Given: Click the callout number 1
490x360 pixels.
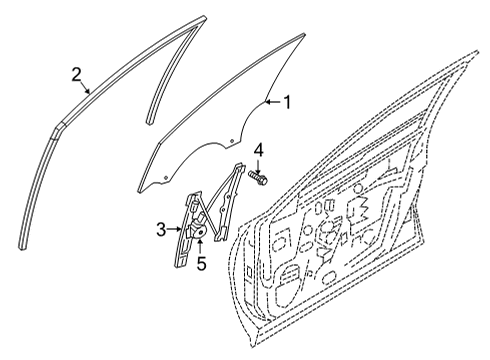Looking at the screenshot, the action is (287, 102).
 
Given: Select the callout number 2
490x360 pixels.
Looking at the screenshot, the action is (77, 74).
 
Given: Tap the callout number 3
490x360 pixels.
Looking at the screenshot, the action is (161, 230).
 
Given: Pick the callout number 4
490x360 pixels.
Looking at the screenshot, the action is (258, 151).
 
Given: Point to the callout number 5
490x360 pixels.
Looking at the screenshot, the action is (201, 263).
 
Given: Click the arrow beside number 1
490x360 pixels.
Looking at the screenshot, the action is (273, 102).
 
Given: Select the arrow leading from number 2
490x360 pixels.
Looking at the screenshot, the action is (85, 88).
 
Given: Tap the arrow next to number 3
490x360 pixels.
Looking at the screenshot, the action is (174, 229).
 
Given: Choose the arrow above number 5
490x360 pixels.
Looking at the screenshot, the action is (200, 247).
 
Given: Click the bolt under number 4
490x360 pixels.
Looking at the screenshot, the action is (258, 178).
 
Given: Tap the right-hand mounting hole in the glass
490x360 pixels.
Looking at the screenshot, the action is (232, 141).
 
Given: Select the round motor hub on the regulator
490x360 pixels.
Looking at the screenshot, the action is (200, 232).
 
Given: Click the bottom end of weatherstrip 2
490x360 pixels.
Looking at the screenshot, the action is (22, 248).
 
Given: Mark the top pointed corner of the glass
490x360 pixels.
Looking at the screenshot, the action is (304, 34).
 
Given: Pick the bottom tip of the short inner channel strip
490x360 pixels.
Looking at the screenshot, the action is (149, 122).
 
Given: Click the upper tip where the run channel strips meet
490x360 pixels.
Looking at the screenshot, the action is (204, 17).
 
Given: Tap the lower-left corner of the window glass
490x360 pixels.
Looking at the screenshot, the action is (139, 191).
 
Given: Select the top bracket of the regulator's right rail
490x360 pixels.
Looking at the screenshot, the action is (239, 166).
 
